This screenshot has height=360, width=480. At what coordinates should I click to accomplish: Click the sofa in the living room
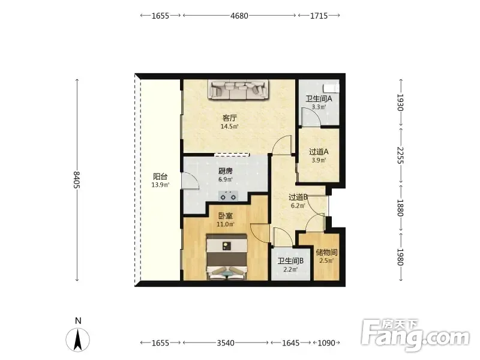[239, 89]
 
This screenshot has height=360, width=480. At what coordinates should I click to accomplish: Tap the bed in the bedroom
[227, 257]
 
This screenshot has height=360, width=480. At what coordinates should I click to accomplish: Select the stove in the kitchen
[229, 196]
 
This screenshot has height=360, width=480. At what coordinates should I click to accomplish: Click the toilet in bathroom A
[332, 87]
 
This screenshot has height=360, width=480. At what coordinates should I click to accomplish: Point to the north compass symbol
[78, 340]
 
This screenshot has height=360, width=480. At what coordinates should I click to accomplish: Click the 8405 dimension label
[77, 180]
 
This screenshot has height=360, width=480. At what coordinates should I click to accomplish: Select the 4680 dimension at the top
[239, 16]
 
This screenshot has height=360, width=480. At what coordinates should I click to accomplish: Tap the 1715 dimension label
[319, 16]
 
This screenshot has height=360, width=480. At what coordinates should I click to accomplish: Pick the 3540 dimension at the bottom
[226, 343]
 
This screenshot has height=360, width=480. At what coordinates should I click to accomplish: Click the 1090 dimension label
[326, 343]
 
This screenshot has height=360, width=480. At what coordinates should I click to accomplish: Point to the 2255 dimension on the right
[400, 155]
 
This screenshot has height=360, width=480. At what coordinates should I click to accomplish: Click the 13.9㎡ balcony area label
[160, 185]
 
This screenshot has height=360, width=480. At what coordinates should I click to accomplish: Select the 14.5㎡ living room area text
[230, 126]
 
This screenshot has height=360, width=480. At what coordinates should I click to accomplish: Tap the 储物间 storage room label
[326, 253]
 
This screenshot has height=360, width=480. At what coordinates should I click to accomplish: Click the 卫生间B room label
[290, 261]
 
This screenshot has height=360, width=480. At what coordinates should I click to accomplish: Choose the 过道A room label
[319, 152]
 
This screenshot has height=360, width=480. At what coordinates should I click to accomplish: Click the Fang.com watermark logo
[415, 335]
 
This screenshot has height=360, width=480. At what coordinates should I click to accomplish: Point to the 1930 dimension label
[400, 102]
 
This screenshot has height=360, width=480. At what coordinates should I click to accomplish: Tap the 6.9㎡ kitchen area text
[226, 179]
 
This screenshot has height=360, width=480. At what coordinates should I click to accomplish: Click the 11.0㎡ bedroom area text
[226, 224]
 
